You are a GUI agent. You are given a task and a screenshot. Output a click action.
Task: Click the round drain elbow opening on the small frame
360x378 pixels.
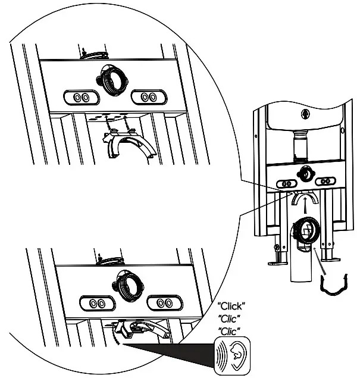click(306, 229)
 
